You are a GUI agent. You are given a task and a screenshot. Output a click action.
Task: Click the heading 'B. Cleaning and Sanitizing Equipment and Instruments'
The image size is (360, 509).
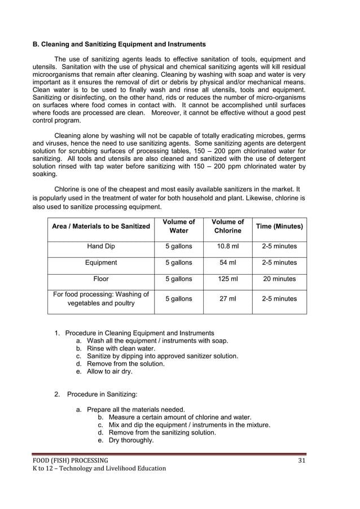point(118,44)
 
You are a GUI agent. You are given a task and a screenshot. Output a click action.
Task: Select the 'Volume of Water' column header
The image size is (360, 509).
point(178,226)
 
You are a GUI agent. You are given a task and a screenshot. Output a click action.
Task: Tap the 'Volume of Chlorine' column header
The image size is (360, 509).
point(227,226)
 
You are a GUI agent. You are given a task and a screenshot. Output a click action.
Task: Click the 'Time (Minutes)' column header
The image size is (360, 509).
point(279,226)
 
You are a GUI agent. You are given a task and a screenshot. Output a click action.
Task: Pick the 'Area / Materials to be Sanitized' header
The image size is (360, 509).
point(101,226)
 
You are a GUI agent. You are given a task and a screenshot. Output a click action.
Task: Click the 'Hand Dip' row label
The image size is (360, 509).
point(101,247)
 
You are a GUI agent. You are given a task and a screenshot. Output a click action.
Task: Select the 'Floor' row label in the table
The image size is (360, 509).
point(101,279)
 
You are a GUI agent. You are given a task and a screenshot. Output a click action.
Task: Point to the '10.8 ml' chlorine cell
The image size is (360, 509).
point(227,247)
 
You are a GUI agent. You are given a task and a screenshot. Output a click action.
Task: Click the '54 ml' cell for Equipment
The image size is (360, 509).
point(227,262)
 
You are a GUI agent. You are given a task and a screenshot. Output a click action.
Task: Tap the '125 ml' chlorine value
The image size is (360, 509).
point(227,279)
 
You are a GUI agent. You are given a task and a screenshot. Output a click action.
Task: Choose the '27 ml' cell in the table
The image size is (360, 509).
point(227,299)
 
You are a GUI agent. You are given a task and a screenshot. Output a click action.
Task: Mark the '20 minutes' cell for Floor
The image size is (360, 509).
point(279,279)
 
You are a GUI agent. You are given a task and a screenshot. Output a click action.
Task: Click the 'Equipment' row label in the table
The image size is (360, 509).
point(101,262)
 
